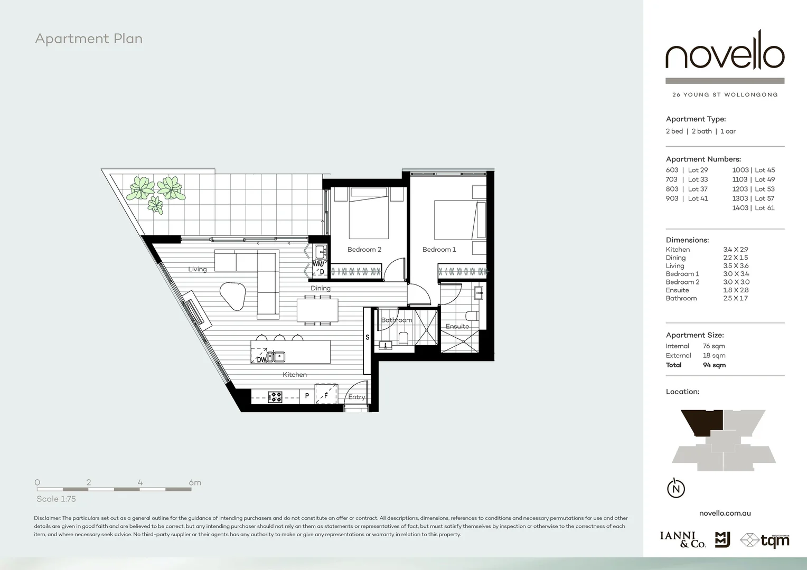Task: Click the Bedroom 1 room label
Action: tap(439, 250)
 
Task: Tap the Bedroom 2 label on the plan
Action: tap(364, 250)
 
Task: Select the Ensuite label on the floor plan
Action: tap(457, 326)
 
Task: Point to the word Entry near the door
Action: tap(356, 397)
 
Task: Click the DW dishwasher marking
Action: tap(261, 360)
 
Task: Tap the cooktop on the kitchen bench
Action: tap(275, 396)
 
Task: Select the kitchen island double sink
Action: tap(276, 357)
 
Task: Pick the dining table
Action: tap(317, 310)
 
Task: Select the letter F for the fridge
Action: tap(326, 395)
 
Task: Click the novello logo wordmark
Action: tap(725, 56)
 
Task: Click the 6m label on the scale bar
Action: tap(195, 482)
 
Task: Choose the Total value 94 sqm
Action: tap(714, 365)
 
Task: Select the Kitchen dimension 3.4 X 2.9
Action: tap(735, 250)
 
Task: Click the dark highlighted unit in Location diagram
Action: tap(702, 422)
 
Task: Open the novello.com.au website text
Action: tap(725, 513)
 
